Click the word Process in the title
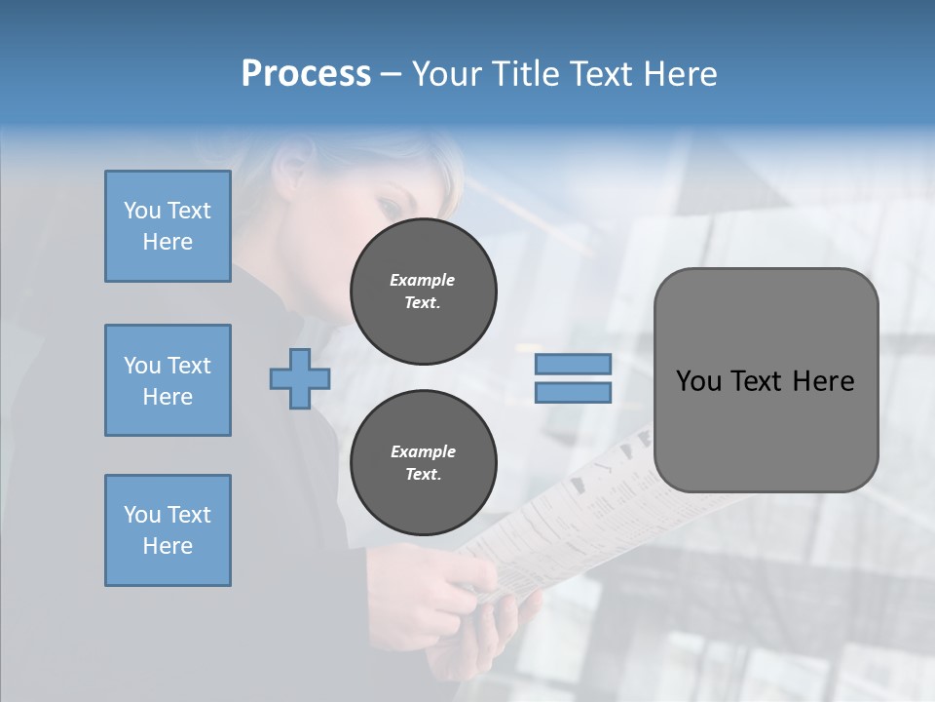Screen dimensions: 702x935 [306, 74]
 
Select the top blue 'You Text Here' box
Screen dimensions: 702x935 [168, 226]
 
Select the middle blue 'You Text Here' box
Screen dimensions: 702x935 [168, 380]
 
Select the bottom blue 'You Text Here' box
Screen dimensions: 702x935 [168, 530]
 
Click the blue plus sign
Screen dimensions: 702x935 [300, 378]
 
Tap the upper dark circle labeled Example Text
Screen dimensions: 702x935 [423, 292]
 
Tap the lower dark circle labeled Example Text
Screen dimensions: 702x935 [423, 463]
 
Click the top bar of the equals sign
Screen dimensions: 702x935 [573, 364]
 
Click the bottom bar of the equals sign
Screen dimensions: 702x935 [573, 392]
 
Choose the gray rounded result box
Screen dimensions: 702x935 [766, 380]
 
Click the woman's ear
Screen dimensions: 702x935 [291, 173]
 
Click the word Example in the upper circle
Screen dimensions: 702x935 [423, 280]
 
